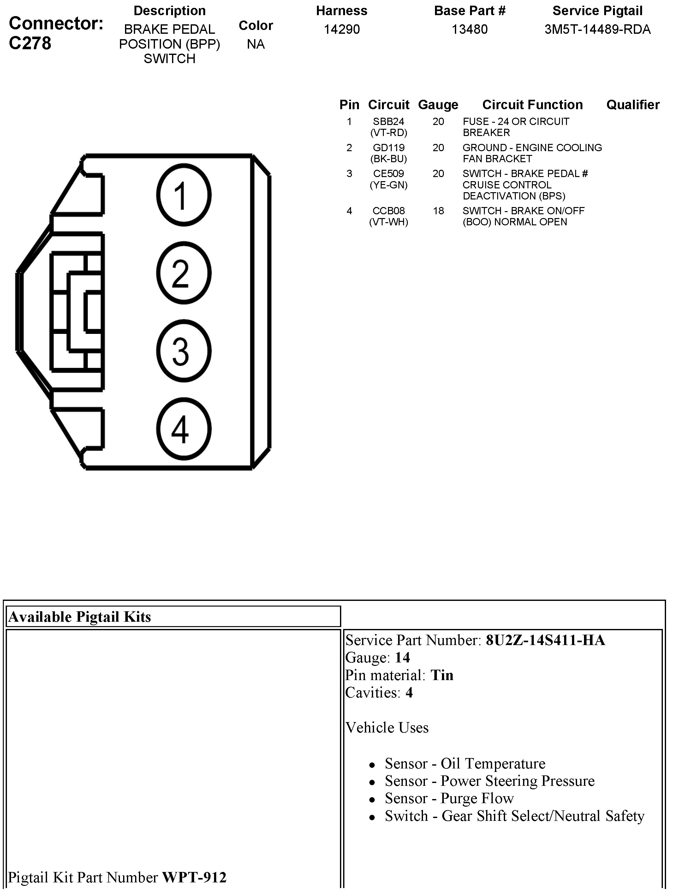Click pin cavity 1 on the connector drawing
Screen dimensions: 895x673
tap(183, 195)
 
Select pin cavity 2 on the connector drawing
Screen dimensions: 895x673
tap(183, 273)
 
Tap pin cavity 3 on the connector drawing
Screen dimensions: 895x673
tap(183, 351)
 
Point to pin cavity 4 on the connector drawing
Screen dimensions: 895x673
tap(183, 429)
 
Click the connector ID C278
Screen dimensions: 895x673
tap(30, 43)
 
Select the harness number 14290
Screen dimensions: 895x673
tap(342, 30)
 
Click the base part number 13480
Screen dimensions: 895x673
tap(469, 30)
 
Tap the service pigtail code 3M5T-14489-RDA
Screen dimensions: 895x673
tap(597, 30)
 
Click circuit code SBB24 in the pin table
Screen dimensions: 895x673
tap(389, 122)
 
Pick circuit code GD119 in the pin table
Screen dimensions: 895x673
tap(389, 148)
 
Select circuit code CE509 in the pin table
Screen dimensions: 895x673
tap(389, 174)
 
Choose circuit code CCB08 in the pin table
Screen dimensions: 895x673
tap(389, 211)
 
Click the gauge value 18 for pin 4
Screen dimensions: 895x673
tap(438, 211)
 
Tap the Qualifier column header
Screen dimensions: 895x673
tap(633, 105)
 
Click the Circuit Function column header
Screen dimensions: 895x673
tap(532, 105)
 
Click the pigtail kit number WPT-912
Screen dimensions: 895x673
tap(194, 877)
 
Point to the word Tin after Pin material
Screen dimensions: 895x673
tap(442, 675)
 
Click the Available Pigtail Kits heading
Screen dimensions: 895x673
tap(80, 617)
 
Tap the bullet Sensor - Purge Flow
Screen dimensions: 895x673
tap(449, 798)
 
